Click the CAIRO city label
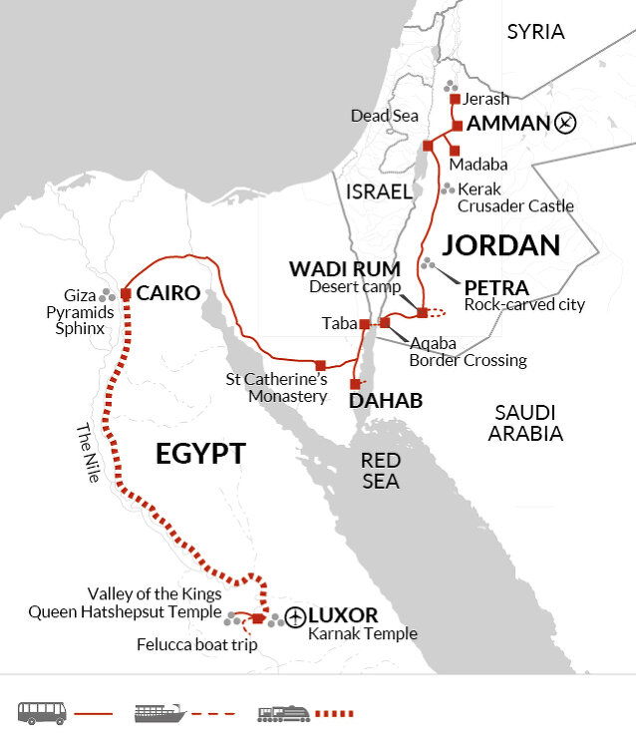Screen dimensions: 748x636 pyautogui.click(x=168, y=293)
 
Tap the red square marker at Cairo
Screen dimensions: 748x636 pyautogui.click(x=126, y=294)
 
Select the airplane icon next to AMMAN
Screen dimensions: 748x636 pyautogui.click(x=566, y=124)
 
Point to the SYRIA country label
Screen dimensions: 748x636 pyautogui.click(x=535, y=32)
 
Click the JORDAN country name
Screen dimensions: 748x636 pyautogui.click(x=501, y=244)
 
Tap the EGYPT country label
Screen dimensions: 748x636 pyautogui.click(x=199, y=454)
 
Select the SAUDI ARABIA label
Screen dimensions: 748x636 pyautogui.click(x=526, y=423)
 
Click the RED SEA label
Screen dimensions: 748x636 pyautogui.click(x=380, y=471)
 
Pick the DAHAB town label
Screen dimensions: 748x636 pyautogui.click(x=385, y=401)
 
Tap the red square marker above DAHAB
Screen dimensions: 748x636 pyautogui.click(x=355, y=384)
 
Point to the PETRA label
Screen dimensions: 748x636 pyautogui.click(x=497, y=287)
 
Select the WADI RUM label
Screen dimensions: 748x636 pyautogui.click(x=344, y=269)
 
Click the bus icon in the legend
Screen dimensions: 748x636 pyautogui.click(x=42, y=712)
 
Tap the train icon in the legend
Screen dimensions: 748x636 pyautogui.click(x=282, y=712)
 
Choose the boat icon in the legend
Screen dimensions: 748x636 pyautogui.click(x=159, y=712)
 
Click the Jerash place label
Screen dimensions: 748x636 pyautogui.click(x=485, y=99)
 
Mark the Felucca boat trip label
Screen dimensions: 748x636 pyautogui.click(x=196, y=644)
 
